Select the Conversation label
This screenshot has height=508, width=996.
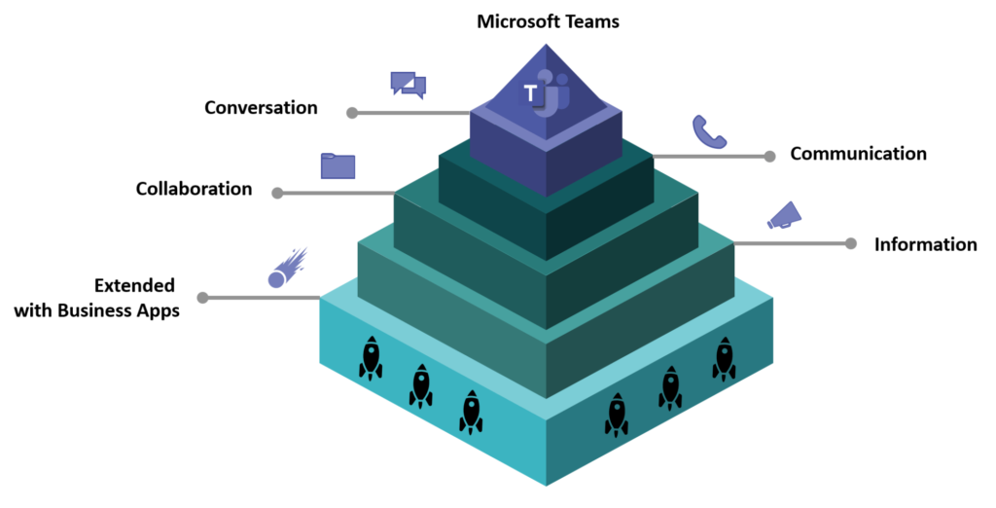(x=261, y=107)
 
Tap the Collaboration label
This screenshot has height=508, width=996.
(x=194, y=188)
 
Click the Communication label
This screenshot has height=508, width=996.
(x=858, y=154)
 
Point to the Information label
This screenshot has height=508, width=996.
(x=925, y=244)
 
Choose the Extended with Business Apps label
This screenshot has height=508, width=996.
(x=96, y=298)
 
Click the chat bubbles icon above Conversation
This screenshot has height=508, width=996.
(x=408, y=85)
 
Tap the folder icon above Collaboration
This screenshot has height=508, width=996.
(x=338, y=165)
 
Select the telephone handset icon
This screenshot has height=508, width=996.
(x=708, y=131)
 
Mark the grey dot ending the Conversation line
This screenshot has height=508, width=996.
(x=352, y=113)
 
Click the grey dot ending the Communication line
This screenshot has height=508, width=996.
(x=769, y=156)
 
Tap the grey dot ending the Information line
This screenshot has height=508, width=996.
(x=851, y=243)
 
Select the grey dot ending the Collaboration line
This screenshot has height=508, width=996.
(x=277, y=193)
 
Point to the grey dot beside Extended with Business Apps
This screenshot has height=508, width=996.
(x=202, y=298)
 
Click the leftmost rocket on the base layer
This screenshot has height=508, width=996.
(x=371, y=357)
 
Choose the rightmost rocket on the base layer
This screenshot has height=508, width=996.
(x=724, y=357)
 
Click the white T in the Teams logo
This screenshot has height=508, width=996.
(x=530, y=94)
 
